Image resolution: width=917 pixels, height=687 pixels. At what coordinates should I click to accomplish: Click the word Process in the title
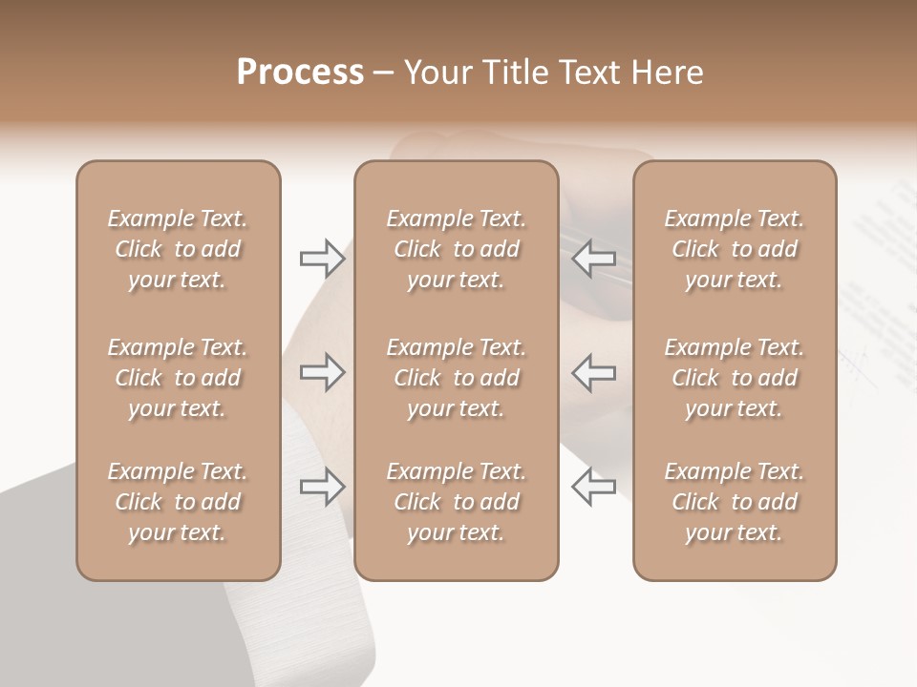(300, 73)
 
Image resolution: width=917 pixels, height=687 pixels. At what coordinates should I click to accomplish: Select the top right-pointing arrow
(323, 258)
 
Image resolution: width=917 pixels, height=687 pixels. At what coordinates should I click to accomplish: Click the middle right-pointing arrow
(323, 372)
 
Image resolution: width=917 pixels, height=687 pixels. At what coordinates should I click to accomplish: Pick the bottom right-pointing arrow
(323, 487)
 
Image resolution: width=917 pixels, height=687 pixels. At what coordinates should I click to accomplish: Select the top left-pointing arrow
(593, 258)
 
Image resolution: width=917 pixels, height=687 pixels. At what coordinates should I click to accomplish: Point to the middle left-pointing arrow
(593, 372)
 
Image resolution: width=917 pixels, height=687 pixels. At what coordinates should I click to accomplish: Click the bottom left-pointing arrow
(593, 487)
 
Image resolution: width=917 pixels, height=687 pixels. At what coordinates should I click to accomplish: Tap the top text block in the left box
(178, 249)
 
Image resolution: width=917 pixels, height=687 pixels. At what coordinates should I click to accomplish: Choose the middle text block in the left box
(178, 378)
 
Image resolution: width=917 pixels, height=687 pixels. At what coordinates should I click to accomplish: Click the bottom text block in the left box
(178, 502)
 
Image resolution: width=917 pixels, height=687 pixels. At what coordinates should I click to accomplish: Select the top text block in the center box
(457, 249)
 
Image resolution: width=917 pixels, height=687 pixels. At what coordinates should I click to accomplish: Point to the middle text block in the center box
(457, 378)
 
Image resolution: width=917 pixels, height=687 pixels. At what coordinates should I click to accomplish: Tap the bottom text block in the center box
(457, 502)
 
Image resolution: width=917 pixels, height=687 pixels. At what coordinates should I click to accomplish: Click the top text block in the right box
(735, 249)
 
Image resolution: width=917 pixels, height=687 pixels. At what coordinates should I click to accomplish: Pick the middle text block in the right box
(735, 378)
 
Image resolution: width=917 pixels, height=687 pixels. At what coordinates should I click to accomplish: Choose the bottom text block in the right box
(735, 502)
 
